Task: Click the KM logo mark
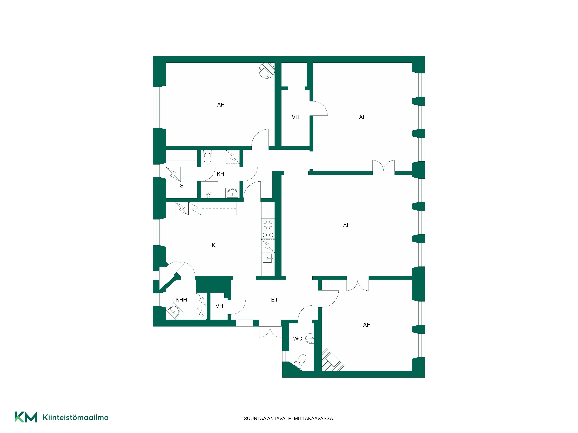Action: tap(26, 417)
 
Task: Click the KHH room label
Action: tap(181, 300)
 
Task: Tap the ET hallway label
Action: tap(274, 300)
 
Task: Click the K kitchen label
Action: tap(213, 245)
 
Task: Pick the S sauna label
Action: tap(182, 186)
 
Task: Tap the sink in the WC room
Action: tap(310, 338)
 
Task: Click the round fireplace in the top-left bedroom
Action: tap(266, 70)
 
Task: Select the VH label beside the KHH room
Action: tap(219, 306)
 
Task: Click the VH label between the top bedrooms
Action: tap(296, 117)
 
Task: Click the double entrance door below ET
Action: tap(270, 332)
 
